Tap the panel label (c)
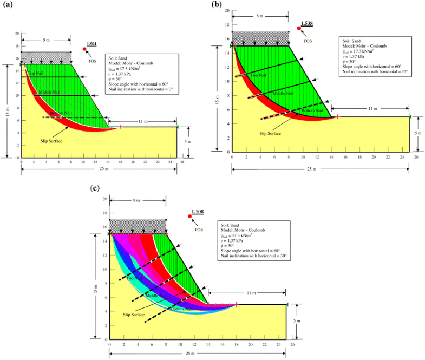pos(95,188)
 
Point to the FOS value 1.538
pos(308,24)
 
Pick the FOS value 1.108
pos(198,212)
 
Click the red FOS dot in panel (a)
pos(85,49)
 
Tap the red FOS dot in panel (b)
pos(298,28)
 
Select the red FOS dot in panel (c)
pos(189,217)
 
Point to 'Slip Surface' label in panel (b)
pos(270,133)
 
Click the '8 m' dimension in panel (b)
pos(260,16)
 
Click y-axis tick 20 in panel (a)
pos(17,34)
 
